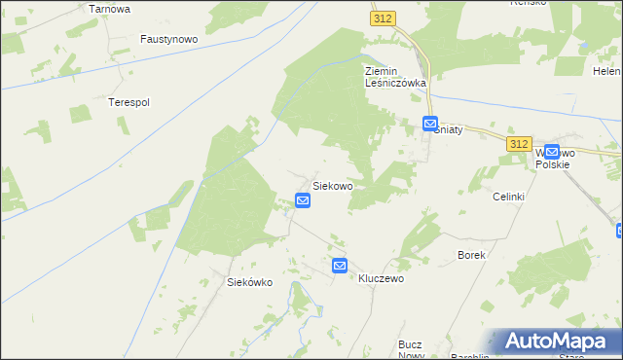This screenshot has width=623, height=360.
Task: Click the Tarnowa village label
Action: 109,8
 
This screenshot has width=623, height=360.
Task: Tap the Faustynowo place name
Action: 169,40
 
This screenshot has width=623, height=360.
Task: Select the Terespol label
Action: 128,101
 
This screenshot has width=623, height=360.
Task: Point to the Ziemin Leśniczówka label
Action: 395,77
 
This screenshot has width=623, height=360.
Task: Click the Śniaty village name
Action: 448,129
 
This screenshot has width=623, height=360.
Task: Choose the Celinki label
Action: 508,197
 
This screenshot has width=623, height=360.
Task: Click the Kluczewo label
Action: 381,278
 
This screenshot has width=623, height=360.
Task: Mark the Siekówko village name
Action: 249,282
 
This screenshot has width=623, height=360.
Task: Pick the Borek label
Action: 471,255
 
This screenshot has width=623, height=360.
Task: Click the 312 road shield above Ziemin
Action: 382,18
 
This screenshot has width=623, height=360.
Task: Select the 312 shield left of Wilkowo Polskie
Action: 519,143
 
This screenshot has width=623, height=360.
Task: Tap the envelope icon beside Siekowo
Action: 303,200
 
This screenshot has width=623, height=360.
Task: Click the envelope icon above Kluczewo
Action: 340,265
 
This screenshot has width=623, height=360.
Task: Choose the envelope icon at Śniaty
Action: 430,124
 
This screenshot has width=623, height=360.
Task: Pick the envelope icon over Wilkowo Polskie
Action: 552,152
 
